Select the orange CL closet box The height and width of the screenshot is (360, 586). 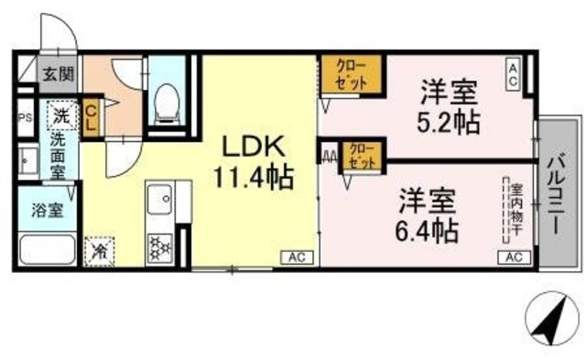point(92,119)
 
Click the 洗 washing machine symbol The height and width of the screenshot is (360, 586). point(60,116)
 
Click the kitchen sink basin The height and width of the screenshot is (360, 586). point(161,198)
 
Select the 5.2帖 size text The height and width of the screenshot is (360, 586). point(450,120)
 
